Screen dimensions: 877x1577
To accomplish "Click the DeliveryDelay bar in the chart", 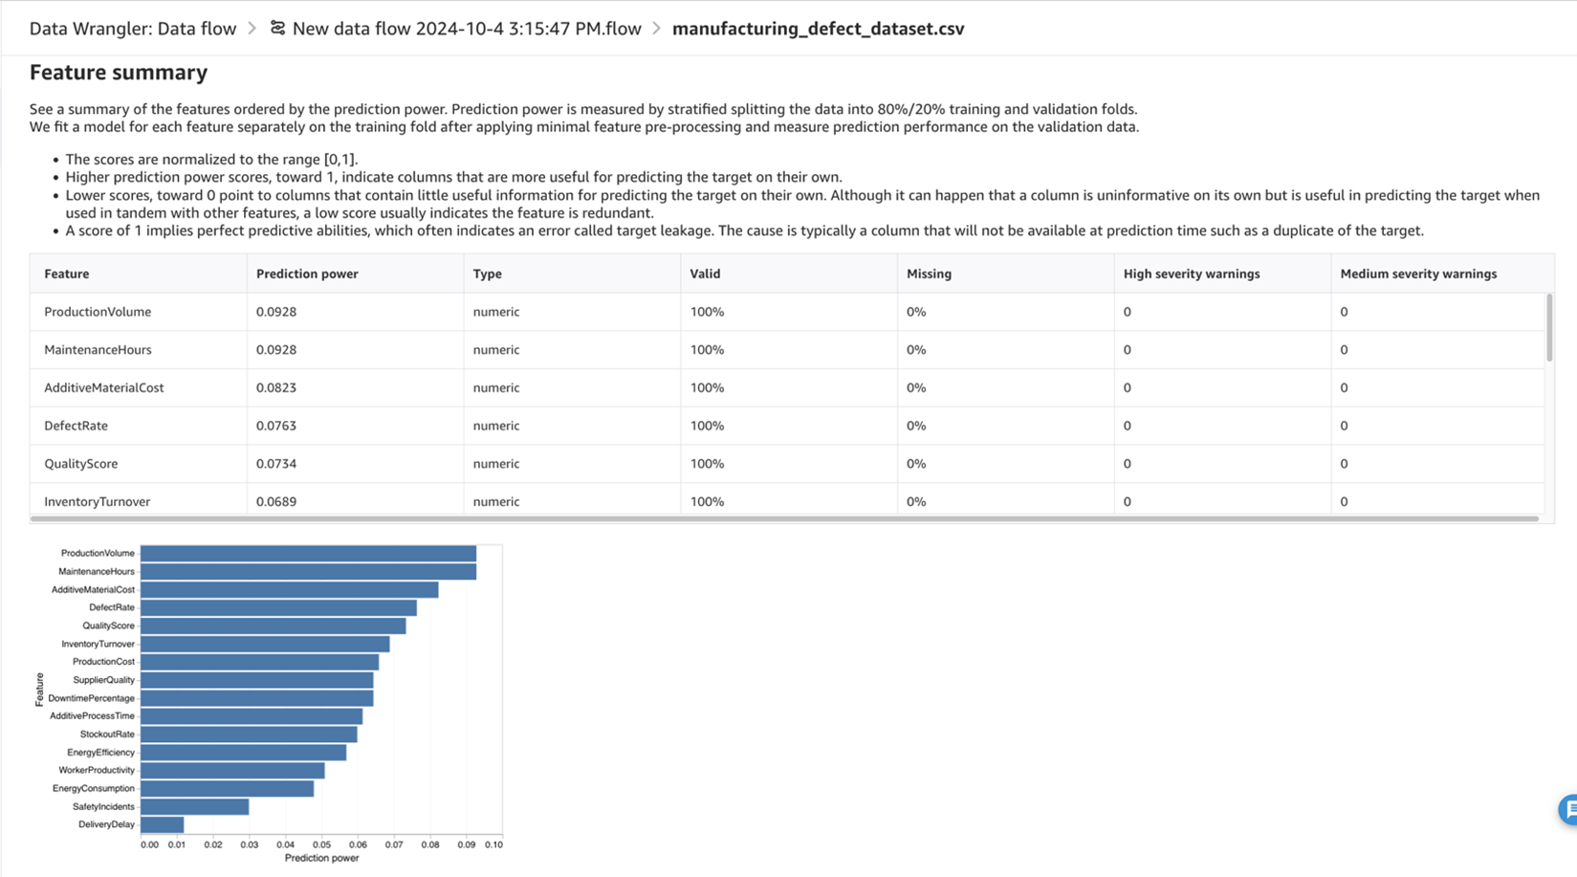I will click(x=162, y=824).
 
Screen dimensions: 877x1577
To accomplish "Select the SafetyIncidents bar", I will click(x=194, y=807).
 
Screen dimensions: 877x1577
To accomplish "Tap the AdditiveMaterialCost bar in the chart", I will click(x=289, y=590).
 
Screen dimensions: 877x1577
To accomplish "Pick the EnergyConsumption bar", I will click(x=227, y=789).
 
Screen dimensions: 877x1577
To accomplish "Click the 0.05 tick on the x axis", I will click(x=321, y=844).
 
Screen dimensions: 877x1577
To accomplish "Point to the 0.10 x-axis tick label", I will click(x=493, y=844).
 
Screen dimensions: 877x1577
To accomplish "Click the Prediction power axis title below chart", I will click(x=321, y=859).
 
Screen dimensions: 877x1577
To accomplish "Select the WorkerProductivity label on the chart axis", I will click(x=97, y=771).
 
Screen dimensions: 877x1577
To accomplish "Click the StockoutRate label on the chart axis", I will click(x=107, y=734).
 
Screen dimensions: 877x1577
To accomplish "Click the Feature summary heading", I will click(x=119, y=73).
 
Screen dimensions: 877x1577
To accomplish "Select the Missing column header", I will click(x=929, y=274).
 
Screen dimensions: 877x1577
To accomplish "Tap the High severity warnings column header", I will click(x=1191, y=274).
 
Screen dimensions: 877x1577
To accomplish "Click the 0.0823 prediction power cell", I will click(x=276, y=387).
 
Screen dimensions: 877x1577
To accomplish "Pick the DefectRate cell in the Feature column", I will click(x=76, y=426).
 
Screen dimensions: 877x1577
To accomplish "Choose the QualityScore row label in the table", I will click(x=81, y=464).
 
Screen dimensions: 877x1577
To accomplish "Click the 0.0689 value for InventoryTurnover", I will click(x=276, y=501).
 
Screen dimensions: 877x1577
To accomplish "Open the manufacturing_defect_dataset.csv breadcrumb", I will click(x=818, y=29).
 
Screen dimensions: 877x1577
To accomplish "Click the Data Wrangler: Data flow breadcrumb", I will click(x=133, y=29).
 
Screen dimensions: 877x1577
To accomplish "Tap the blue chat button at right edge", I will click(x=1568, y=809).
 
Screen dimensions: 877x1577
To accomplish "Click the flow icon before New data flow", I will click(x=277, y=28).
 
